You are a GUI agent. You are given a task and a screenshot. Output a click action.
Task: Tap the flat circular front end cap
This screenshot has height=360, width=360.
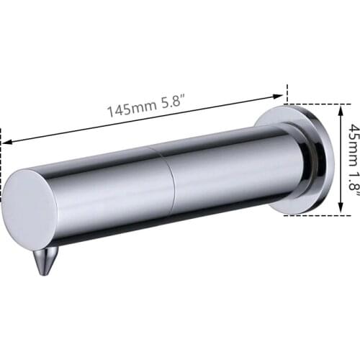click(29, 210)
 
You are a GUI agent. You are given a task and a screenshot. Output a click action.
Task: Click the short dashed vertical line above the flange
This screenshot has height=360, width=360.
click(287, 94)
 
